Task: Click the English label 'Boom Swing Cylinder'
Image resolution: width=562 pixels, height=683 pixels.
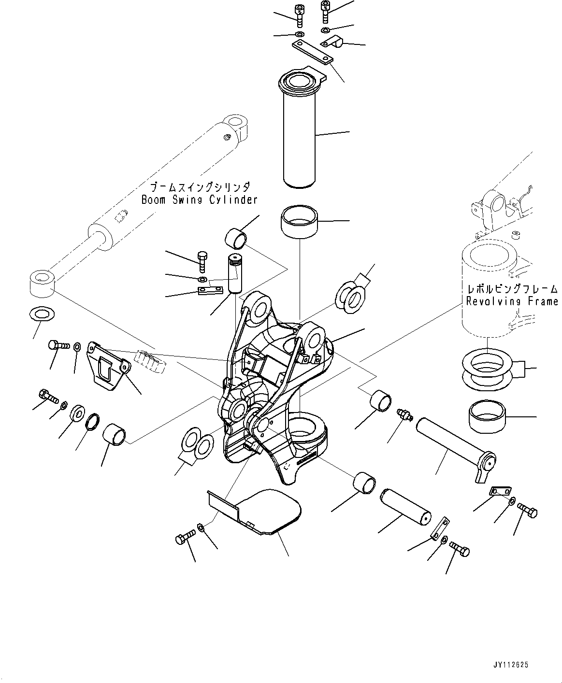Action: coord(199,199)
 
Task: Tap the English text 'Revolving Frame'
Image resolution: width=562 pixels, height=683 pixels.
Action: coord(511,301)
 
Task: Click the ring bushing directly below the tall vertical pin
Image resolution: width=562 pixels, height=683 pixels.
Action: coord(299,221)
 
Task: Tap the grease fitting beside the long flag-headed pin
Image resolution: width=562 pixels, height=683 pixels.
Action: coord(402,414)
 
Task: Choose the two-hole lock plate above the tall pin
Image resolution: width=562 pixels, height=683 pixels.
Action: coord(312,53)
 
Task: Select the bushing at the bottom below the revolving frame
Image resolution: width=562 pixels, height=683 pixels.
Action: coord(487,414)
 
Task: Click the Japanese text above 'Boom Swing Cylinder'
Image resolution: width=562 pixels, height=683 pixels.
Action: coord(199,187)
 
